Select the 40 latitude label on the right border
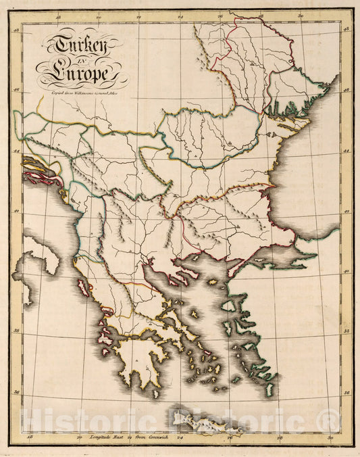click(345, 270)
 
